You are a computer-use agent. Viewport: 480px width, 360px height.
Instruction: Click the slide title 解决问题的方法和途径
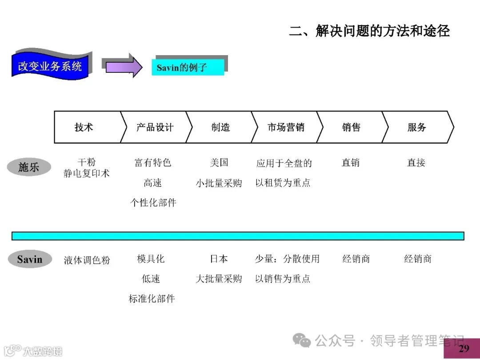tap(369, 31)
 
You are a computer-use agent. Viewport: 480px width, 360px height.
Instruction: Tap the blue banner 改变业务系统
tap(50, 67)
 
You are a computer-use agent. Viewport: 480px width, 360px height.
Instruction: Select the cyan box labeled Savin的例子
tap(188, 68)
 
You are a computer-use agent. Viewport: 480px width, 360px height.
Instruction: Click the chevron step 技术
tap(84, 127)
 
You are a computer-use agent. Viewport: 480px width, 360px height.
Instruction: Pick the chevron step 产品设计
tap(154, 127)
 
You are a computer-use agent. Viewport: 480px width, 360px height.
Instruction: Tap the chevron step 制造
tap(220, 127)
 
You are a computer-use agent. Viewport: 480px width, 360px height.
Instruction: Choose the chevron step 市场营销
tap(286, 127)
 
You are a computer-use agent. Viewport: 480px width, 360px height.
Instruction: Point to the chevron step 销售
tap(351, 127)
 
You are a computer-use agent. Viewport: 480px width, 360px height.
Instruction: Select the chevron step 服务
tap(416, 127)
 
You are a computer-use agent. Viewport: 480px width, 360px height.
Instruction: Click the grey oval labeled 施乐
tap(29, 167)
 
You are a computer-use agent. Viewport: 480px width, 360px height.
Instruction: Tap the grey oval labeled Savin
tap(30, 259)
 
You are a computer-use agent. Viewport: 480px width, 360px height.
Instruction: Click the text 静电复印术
tap(86, 173)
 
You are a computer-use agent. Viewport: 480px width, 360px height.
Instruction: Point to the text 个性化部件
tap(153, 203)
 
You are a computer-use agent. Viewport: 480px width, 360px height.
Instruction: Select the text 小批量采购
tap(219, 183)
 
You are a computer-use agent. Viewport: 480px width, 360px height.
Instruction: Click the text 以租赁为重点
tap(283, 183)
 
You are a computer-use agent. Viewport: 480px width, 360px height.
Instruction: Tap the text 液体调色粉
tap(87, 260)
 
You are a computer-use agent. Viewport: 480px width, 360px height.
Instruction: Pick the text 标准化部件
tap(152, 299)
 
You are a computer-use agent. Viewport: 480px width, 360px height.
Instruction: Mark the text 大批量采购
tap(219, 279)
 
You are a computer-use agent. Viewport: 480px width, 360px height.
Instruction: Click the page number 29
tap(464, 348)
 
